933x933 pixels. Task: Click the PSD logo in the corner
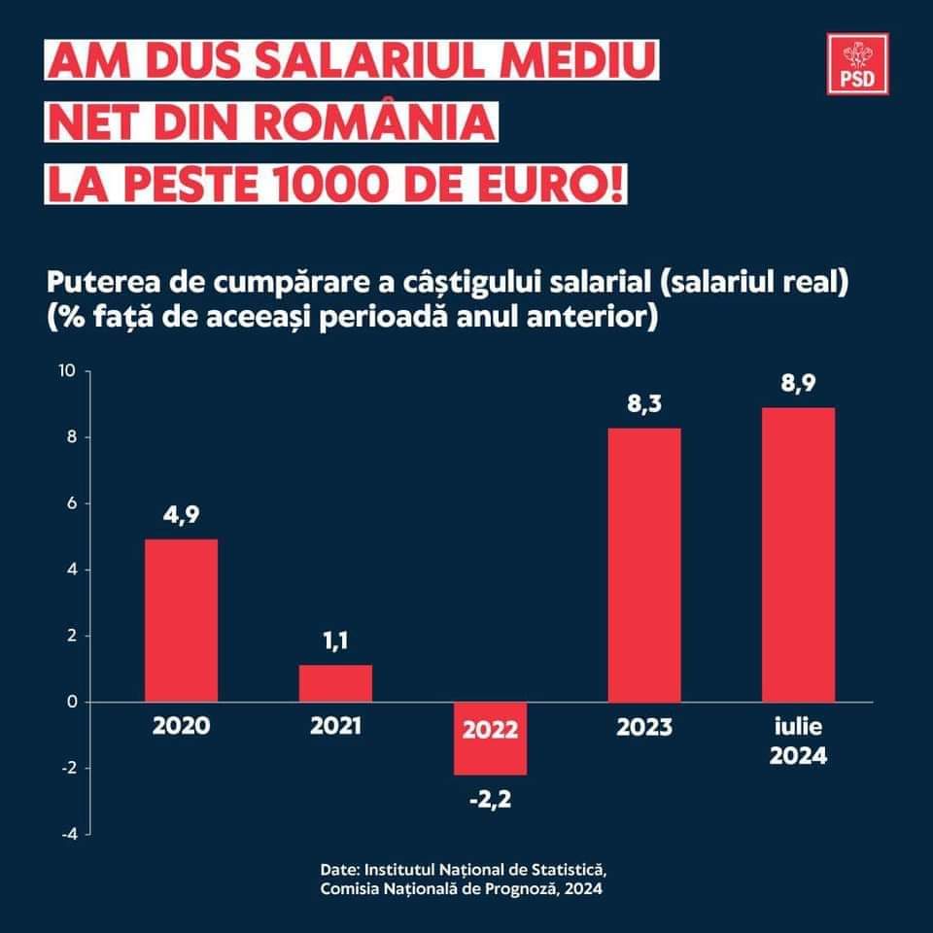click(x=858, y=64)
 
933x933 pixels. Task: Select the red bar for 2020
click(x=181, y=620)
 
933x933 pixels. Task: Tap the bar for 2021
click(x=335, y=683)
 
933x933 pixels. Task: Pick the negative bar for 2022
click(x=490, y=739)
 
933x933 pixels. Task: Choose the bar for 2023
click(x=644, y=565)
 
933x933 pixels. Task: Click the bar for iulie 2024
click(x=798, y=554)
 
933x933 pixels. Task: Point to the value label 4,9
click(x=181, y=515)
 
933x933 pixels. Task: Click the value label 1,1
click(x=335, y=641)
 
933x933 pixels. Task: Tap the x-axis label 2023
click(x=644, y=726)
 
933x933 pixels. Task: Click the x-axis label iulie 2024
click(x=798, y=741)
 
